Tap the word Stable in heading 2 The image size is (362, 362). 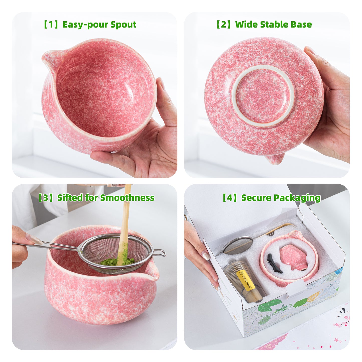point(275,25)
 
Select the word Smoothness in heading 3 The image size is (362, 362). point(127,198)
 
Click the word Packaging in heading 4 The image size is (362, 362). point(297,198)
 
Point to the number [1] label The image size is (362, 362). point(51,25)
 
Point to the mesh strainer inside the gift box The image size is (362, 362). point(237,245)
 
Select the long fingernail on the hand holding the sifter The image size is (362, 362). point(34,239)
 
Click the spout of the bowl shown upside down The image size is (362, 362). point(276,159)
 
